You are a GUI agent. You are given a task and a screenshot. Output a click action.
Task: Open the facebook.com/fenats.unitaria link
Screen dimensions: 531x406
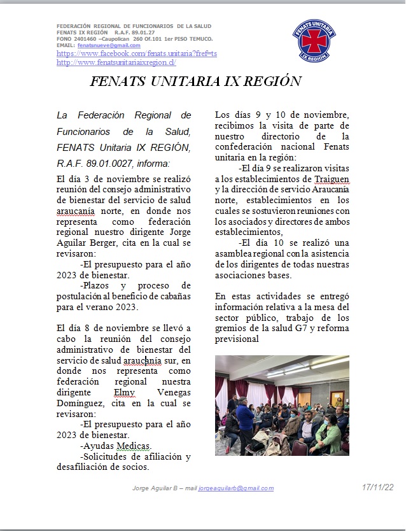tap(136, 54)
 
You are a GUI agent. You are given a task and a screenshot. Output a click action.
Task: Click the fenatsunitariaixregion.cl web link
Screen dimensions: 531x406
tap(116, 62)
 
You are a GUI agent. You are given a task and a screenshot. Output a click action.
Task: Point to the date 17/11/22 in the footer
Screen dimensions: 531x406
tap(378, 487)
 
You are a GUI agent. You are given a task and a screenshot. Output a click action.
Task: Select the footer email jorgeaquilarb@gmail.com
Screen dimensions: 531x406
tap(236, 488)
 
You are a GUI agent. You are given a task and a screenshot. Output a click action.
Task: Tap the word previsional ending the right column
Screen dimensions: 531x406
tap(237, 339)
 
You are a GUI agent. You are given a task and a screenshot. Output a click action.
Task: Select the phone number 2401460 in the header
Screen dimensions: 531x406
tap(83, 38)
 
